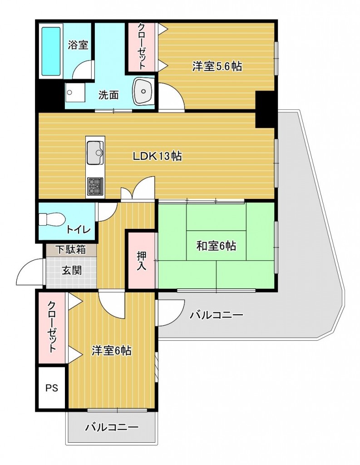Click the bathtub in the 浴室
(51, 51)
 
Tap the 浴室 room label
(78, 45)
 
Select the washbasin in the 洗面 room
(143, 91)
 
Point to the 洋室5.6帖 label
(217, 66)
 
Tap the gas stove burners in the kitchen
(95, 186)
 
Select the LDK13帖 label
(157, 156)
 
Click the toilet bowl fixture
(52, 220)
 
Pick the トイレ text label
(78, 229)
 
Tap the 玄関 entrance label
(71, 270)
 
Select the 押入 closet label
(142, 261)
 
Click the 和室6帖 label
(216, 246)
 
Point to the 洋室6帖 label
(112, 351)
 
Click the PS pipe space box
(52, 388)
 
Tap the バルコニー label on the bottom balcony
(112, 427)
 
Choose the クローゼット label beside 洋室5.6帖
(142, 46)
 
